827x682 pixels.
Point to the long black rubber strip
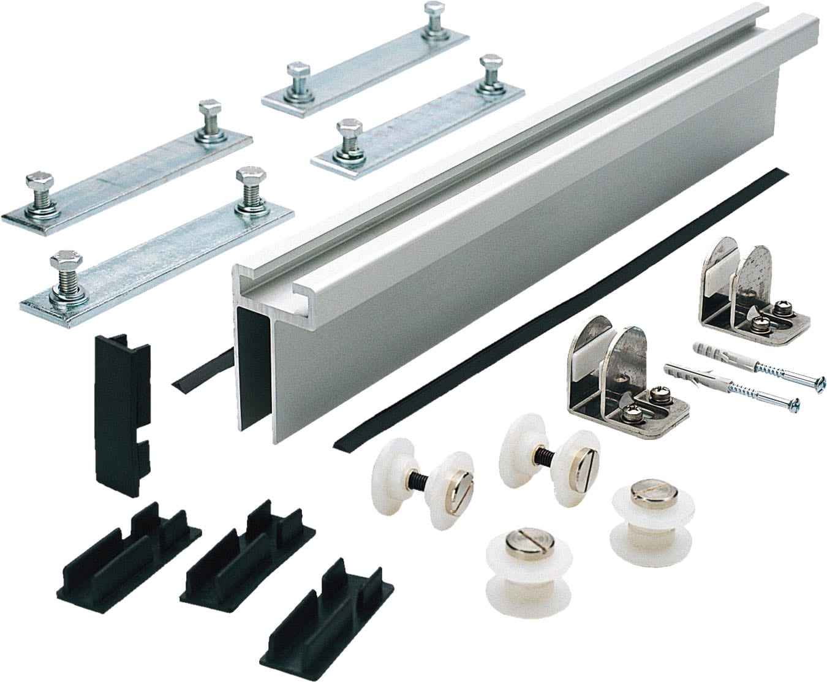click(x=551, y=306)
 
